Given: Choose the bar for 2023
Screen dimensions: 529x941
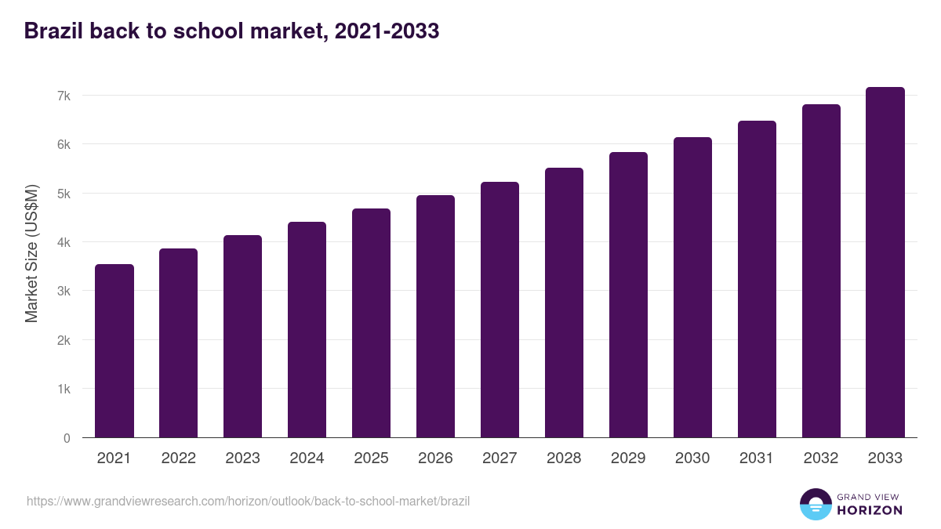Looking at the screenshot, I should [x=242, y=336].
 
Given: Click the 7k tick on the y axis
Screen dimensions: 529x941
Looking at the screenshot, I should [x=64, y=96].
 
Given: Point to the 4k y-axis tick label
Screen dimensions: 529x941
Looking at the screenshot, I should [x=64, y=242].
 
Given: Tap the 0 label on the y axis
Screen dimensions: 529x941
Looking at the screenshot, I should [x=67, y=438].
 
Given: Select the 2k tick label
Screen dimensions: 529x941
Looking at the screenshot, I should [x=64, y=340].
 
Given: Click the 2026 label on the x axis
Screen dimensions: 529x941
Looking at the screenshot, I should [x=435, y=458].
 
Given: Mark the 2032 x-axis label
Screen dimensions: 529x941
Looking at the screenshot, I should [x=821, y=458].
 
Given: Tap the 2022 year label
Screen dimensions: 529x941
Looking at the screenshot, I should [x=178, y=458].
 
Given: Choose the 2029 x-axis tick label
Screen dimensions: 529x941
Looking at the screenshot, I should [x=628, y=458].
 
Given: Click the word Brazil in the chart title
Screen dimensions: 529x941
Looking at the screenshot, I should [x=53, y=31].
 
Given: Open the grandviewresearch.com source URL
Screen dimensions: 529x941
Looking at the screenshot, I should [x=248, y=501].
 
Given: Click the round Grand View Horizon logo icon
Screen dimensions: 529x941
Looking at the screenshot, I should [x=815, y=504].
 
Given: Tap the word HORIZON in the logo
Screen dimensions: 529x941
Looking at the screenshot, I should [x=870, y=510].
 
